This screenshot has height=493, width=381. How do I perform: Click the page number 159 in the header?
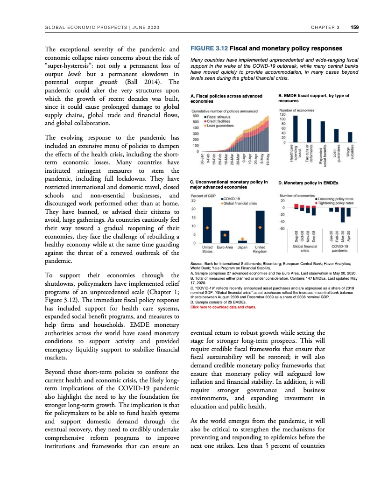point(354,27)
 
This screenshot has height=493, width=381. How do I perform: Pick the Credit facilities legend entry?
point(219,121)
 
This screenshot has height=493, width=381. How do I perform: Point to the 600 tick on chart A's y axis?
point(196,116)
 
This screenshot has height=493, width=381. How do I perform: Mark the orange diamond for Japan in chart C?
point(242,237)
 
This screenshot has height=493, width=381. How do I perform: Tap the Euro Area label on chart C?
point(225,247)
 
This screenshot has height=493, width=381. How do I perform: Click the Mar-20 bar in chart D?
point(343,215)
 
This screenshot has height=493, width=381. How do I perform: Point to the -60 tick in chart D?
point(282,228)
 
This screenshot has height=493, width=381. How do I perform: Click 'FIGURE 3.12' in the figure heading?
point(209,48)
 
